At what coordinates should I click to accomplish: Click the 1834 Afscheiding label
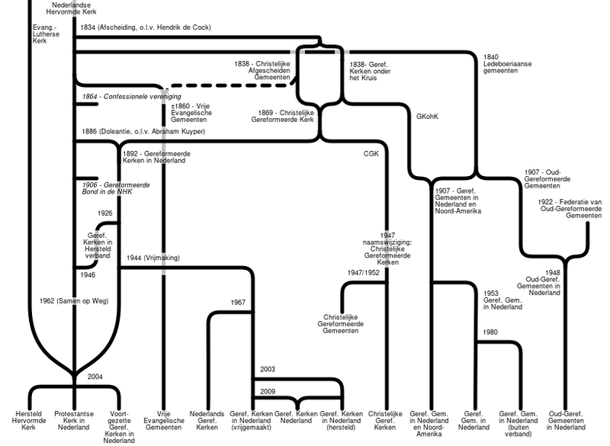[145, 27]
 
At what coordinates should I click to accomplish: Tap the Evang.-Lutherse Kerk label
[44, 35]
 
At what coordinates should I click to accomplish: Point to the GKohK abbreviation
[428, 117]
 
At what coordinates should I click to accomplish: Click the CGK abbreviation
[371, 153]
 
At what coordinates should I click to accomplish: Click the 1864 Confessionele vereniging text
[132, 98]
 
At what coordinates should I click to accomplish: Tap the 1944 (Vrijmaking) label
[153, 258]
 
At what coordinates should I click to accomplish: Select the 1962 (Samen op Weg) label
[74, 300]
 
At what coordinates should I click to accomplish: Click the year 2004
[95, 376]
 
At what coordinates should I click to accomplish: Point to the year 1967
[239, 302]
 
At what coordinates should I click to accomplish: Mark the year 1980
[490, 332]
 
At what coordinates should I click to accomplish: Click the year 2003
[267, 369]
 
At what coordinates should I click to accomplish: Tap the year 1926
[105, 213]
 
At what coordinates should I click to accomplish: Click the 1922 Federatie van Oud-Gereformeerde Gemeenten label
[569, 207]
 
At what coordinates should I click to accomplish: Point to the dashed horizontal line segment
[229, 85]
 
